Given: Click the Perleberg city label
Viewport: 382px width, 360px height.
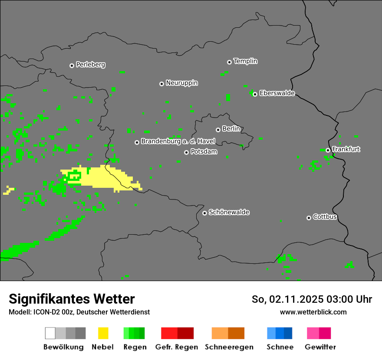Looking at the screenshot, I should [90, 65].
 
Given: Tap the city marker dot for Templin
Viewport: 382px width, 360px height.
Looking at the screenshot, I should [229, 62].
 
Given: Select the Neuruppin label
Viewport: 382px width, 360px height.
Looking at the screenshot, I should [181, 83].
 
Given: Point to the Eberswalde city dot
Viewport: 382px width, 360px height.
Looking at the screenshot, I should [255, 94].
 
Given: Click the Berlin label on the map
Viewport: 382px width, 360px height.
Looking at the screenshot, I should [231, 129].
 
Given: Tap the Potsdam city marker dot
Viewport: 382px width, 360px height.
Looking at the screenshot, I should [186, 152].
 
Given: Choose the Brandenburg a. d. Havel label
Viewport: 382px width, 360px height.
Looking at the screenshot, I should [178, 141].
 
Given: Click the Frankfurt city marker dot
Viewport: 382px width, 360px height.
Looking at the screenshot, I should [328, 151].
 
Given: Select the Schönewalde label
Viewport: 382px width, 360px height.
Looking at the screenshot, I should [229, 212].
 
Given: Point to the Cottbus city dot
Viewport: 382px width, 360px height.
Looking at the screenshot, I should [309, 218].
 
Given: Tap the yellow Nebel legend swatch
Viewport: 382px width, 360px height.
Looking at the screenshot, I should [103, 333].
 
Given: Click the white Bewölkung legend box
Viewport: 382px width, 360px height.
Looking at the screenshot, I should [50, 333].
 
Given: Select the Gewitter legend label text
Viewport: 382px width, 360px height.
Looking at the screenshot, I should [320, 347].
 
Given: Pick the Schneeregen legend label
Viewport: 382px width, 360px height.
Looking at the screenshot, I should [229, 347].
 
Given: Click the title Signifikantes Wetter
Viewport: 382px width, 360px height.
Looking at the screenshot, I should [72, 299].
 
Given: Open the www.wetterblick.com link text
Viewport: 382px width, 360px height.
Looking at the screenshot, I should [313, 312].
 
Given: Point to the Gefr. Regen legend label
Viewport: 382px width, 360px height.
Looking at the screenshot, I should [176, 347].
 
